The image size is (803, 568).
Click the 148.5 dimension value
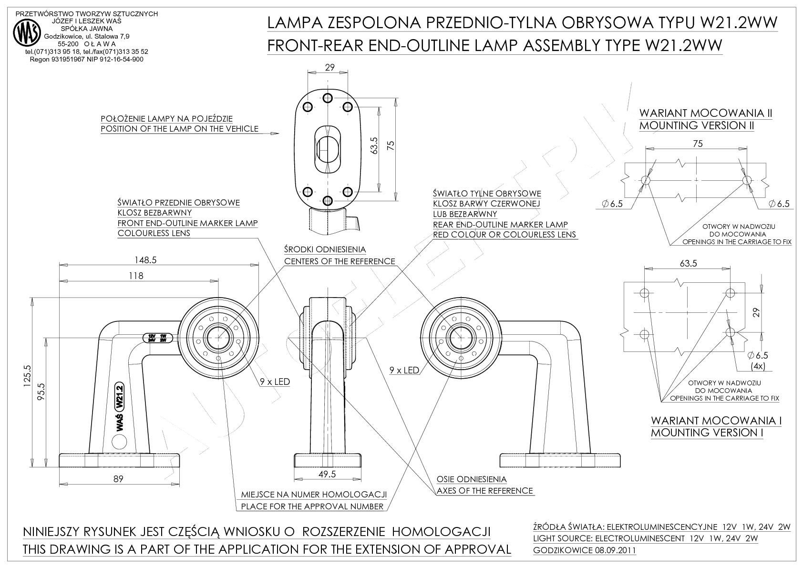(x=145, y=260)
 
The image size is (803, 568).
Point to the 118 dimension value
(x=136, y=276)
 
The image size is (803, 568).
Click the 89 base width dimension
(x=118, y=479)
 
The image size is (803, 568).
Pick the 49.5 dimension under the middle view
(x=327, y=474)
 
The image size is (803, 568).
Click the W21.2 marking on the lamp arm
(x=119, y=396)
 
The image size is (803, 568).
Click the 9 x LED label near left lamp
(x=275, y=382)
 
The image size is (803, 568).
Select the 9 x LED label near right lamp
(x=404, y=370)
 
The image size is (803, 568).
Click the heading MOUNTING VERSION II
(x=696, y=125)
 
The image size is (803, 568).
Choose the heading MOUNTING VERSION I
(x=707, y=433)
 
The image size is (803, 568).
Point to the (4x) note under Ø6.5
(x=758, y=366)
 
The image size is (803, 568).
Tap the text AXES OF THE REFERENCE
(x=485, y=490)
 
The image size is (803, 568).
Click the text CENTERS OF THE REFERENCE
(x=340, y=261)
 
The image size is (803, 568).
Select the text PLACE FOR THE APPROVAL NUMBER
(x=312, y=506)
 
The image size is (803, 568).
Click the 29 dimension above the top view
(x=329, y=68)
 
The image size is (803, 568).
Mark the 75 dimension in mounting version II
(x=697, y=144)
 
